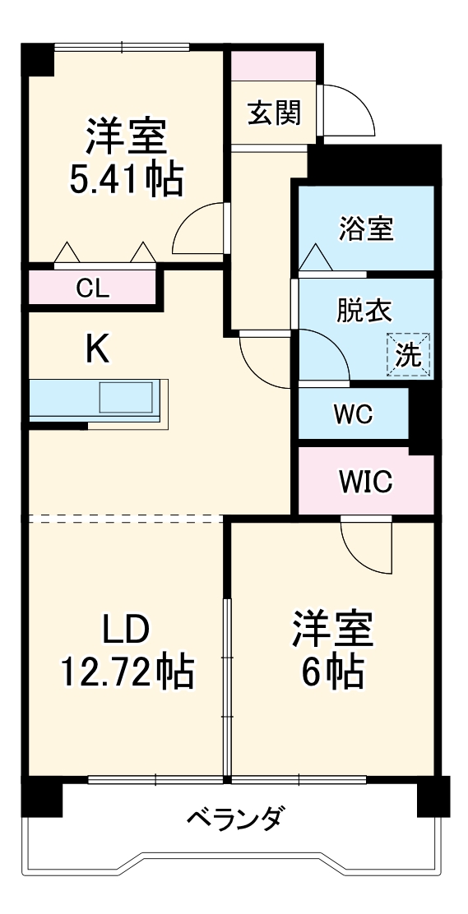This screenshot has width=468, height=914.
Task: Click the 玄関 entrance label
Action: (x=274, y=113)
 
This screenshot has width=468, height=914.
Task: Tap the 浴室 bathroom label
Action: (x=366, y=229)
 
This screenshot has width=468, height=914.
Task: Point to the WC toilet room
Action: (x=353, y=414)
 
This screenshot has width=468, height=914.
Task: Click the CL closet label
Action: (x=92, y=289)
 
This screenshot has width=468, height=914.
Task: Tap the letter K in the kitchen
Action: (x=97, y=351)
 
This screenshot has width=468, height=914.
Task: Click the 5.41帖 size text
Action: (x=125, y=180)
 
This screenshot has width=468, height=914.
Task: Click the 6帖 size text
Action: (x=332, y=673)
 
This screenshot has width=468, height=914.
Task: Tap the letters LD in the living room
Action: (x=125, y=630)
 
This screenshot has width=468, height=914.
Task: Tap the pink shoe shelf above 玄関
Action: (x=274, y=66)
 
